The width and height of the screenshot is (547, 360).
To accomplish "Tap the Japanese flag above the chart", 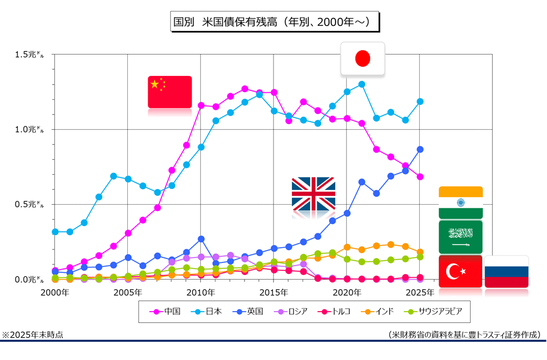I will [363, 59].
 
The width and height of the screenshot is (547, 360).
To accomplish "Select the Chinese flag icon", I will [170, 92].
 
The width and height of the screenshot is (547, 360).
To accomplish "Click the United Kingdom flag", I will [313, 193].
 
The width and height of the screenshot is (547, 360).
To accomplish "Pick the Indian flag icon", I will [460, 202].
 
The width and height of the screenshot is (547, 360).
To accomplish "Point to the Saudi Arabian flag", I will [460, 237].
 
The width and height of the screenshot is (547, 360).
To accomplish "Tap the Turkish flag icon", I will [460, 271].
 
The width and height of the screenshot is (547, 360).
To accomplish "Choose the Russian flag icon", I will [506, 271].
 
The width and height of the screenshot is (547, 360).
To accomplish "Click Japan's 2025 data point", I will [420, 101].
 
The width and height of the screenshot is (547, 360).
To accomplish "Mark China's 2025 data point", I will [420, 177].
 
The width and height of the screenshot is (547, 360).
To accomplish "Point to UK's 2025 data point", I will [420, 149].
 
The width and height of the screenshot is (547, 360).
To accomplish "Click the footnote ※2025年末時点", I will [33, 335].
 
